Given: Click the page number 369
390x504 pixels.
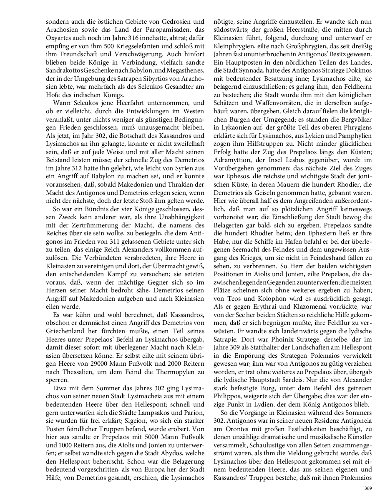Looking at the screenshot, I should tap(367, 488).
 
